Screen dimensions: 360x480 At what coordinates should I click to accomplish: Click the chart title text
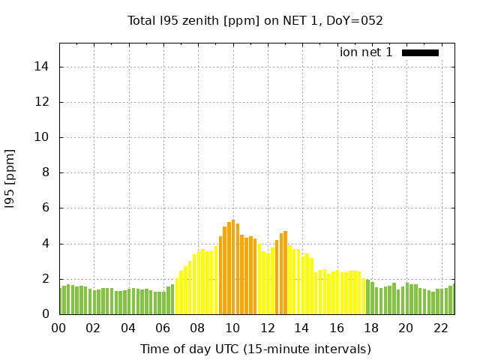click(255, 21)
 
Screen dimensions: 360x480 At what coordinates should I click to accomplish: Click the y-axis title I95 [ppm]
click(10, 178)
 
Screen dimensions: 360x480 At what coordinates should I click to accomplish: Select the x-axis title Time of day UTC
click(255, 349)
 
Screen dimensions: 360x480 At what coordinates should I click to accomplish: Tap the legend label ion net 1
click(366, 52)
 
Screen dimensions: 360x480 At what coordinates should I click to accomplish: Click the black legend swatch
click(420, 52)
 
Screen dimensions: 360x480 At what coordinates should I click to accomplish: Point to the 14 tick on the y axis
click(43, 67)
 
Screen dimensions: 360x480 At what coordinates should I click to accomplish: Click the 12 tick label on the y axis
click(43, 102)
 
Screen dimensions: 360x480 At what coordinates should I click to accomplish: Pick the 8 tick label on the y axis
click(46, 172)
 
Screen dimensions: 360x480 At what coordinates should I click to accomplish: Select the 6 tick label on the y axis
click(46, 208)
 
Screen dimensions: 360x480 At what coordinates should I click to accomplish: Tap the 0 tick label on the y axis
click(46, 314)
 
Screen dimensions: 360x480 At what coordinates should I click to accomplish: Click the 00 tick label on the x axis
click(59, 328)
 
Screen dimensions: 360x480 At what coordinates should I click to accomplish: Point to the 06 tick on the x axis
click(163, 328)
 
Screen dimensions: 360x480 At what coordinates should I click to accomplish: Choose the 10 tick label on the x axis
click(232, 328)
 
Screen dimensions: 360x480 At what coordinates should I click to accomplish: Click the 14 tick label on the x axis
click(301, 328)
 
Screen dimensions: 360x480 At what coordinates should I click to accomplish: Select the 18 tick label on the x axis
click(371, 328)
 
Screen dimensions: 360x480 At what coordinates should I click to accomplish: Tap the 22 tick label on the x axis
click(440, 328)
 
